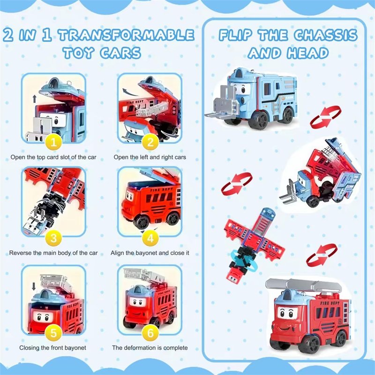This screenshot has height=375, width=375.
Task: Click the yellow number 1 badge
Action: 53,142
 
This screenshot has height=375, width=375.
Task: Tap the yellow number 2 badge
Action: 150,142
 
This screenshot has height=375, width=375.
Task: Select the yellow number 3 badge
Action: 53,238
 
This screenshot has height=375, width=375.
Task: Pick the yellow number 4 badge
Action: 150,238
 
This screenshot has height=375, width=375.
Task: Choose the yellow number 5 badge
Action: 53,332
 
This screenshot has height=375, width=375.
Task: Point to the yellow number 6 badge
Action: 150,332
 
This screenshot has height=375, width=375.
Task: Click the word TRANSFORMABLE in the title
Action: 126,35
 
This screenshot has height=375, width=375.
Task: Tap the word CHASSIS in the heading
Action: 326,35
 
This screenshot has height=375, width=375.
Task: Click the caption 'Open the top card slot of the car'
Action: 53,157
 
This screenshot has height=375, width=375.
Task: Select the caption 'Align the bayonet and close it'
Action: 150,253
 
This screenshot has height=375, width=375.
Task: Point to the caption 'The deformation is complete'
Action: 150,347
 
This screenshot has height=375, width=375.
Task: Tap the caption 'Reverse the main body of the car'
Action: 53,253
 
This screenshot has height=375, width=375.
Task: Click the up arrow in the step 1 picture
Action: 35,99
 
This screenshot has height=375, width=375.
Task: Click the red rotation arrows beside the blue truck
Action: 325,117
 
